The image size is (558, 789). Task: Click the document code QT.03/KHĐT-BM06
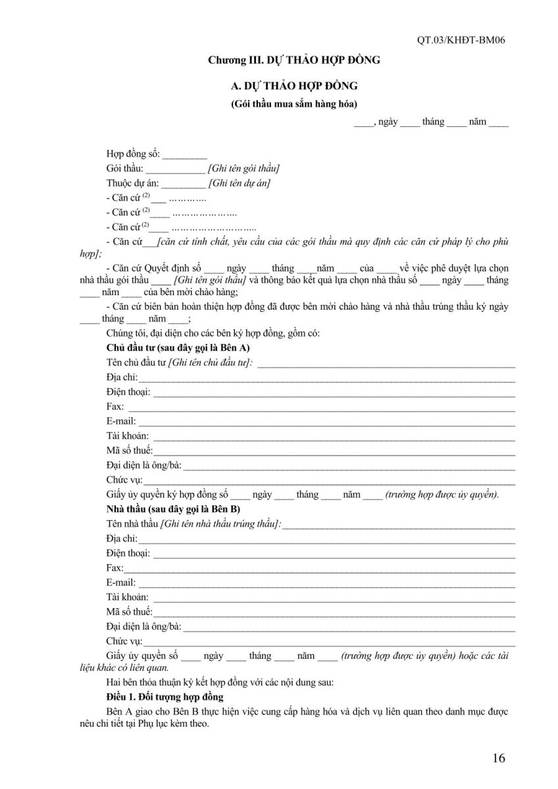[x=461, y=39]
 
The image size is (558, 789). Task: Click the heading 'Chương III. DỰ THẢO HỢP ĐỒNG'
[x=294, y=60]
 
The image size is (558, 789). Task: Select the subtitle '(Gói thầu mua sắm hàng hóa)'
[x=294, y=104]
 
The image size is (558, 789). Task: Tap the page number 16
[x=498, y=758]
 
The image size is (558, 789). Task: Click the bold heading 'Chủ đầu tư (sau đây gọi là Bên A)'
[x=177, y=347]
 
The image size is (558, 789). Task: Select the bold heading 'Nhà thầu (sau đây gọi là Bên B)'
[x=173, y=509]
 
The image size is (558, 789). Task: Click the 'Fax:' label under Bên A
[x=114, y=406]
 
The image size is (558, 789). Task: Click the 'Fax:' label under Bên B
[x=114, y=568]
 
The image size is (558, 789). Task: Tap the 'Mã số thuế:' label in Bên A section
[x=129, y=450]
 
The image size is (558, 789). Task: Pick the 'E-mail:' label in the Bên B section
[x=120, y=583]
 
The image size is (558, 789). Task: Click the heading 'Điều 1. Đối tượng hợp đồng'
[x=165, y=696]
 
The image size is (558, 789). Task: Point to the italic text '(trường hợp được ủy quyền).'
[x=442, y=494]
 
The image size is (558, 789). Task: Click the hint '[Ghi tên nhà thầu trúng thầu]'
[x=222, y=524]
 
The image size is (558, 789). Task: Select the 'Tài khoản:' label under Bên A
[x=127, y=435]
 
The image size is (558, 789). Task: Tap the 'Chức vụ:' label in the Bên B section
[x=124, y=641]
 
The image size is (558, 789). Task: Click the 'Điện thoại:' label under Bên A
[x=128, y=392]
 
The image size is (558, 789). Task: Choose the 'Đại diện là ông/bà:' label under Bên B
[x=143, y=626]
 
